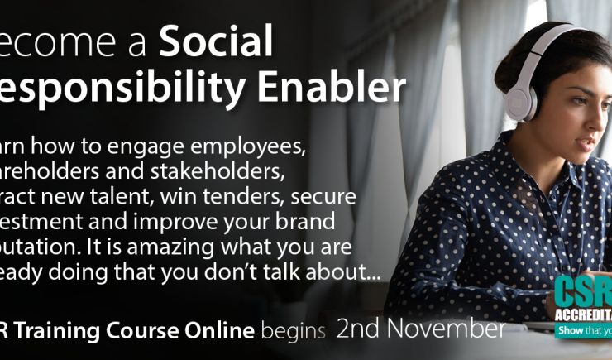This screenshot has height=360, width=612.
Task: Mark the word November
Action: (x=447, y=329)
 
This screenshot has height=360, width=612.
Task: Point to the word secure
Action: (x=328, y=197)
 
